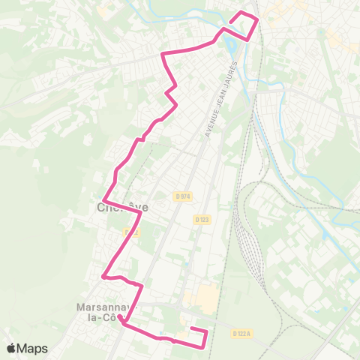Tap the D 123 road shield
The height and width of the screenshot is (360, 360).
pos(201,220)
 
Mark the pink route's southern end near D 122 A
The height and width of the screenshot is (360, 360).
pos(192,330)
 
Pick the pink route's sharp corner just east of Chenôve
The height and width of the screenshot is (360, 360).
pos(141,212)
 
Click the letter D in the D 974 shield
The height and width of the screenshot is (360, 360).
pos(178,196)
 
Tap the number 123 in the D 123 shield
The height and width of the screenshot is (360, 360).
pos(203,220)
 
